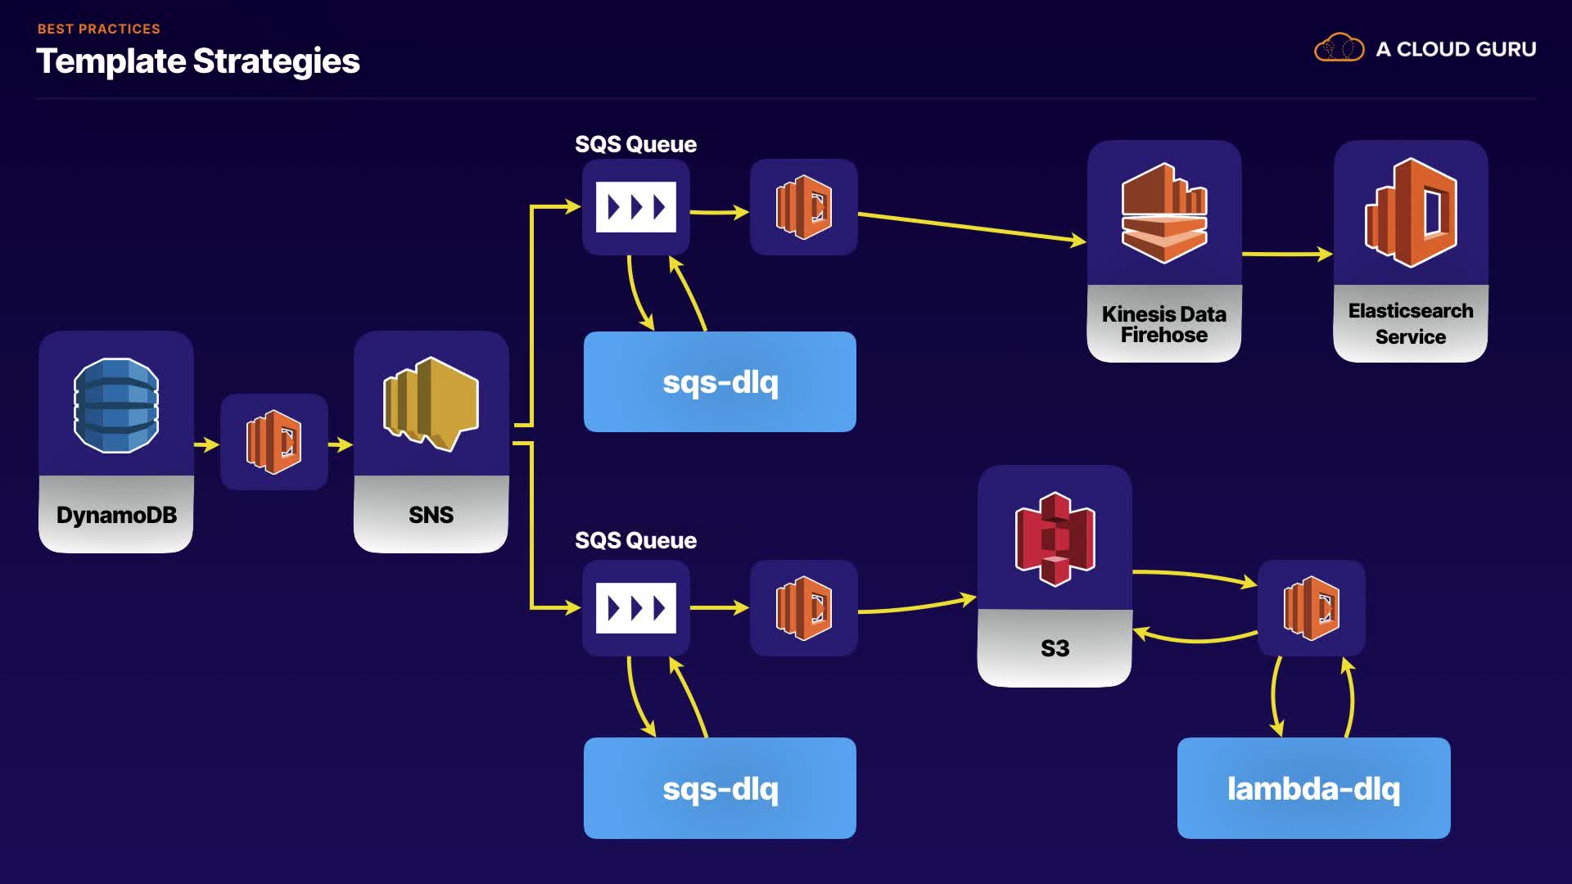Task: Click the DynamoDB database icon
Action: pyautogui.click(x=116, y=405)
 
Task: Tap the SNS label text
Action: pyautogui.click(x=431, y=515)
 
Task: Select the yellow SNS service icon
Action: pyautogui.click(x=431, y=404)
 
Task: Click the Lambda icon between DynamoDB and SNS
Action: pyautogui.click(x=274, y=442)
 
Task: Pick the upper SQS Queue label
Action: pyautogui.click(x=635, y=145)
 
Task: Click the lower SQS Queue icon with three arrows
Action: pyautogui.click(x=636, y=608)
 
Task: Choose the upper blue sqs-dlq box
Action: pyautogui.click(x=720, y=382)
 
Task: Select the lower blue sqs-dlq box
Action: pyautogui.click(x=720, y=788)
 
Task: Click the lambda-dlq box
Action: pyautogui.click(x=1313, y=788)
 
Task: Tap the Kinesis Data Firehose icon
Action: pyautogui.click(x=1163, y=214)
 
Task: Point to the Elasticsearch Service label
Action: pyautogui.click(x=1410, y=323)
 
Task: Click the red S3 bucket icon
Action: pyautogui.click(x=1055, y=539)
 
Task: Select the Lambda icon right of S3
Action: pyautogui.click(x=1311, y=608)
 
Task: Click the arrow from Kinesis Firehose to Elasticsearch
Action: pyautogui.click(x=1287, y=254)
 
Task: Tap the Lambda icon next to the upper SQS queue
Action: pyautogui.click(x=803, y=207)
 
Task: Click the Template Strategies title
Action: pyautogui.click(x=198, y=61)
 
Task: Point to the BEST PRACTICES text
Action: pyautogui.click(x=99, y=29)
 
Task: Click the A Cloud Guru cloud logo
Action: pyautogui.click(x=1339, y=48)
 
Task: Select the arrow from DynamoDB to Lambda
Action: pyautogui.click(x=206, y=444)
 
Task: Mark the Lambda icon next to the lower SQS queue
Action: pyautogui.click(x=803, y=608)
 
